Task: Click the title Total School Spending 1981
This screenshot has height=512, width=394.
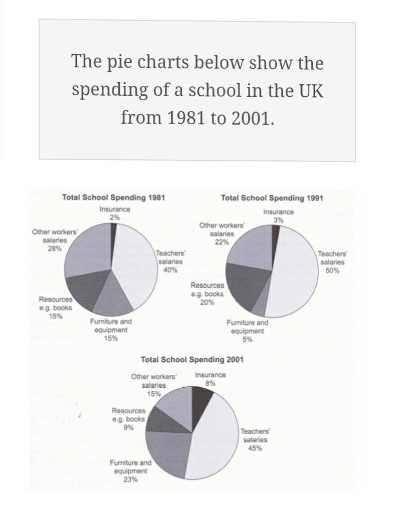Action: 113,198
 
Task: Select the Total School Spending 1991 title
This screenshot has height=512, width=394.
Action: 271,198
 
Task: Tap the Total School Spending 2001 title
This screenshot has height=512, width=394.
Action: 192,359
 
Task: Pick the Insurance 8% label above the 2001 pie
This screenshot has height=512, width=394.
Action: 210,379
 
